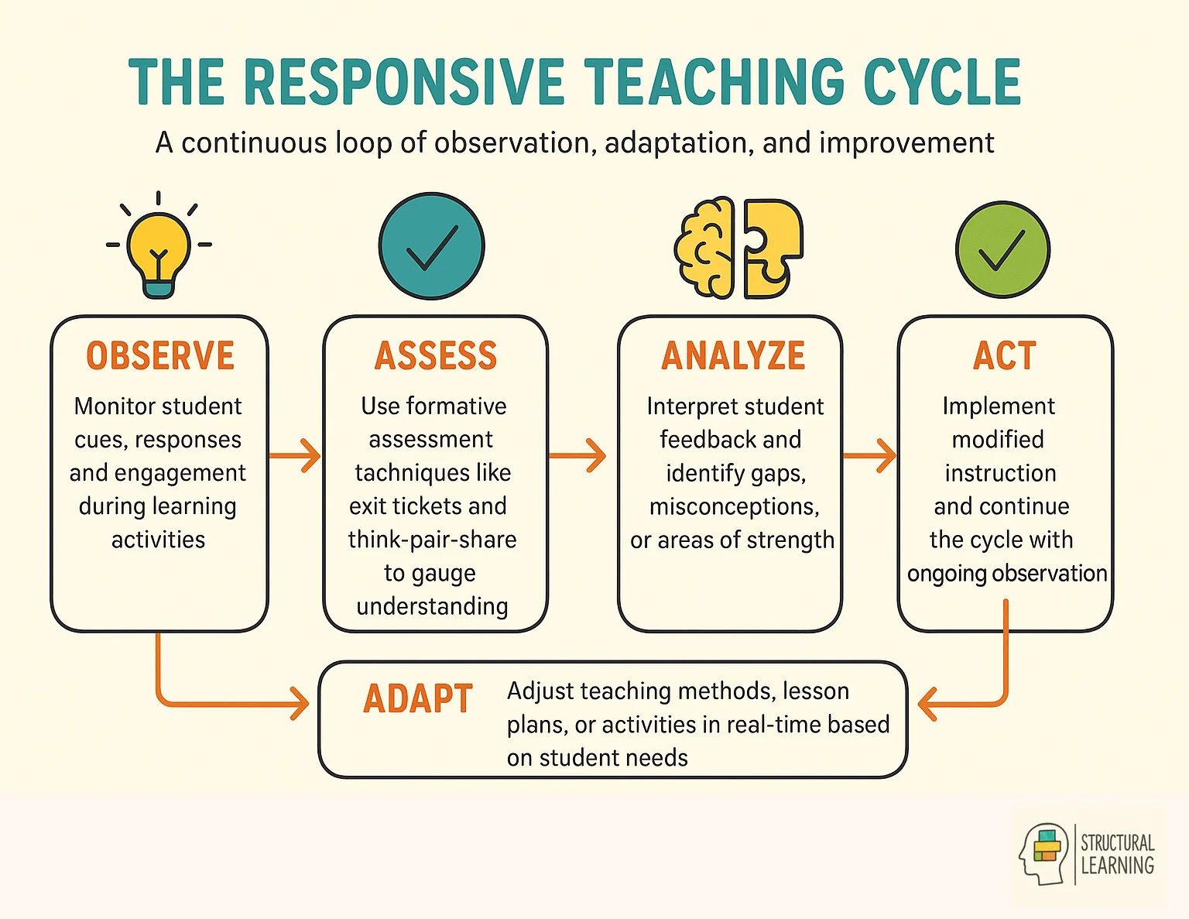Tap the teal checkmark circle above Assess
431,246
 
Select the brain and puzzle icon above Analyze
738,249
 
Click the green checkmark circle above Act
1002,249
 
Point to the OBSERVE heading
160,356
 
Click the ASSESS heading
435,356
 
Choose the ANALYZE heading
733,356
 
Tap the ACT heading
1004,356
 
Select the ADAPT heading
418,699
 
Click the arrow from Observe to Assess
296,455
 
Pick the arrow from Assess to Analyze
578,455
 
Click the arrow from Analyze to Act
870,455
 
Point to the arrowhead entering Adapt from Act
927,704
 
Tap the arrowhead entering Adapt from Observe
299,704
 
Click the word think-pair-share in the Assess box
432,540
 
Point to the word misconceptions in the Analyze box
734,506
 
